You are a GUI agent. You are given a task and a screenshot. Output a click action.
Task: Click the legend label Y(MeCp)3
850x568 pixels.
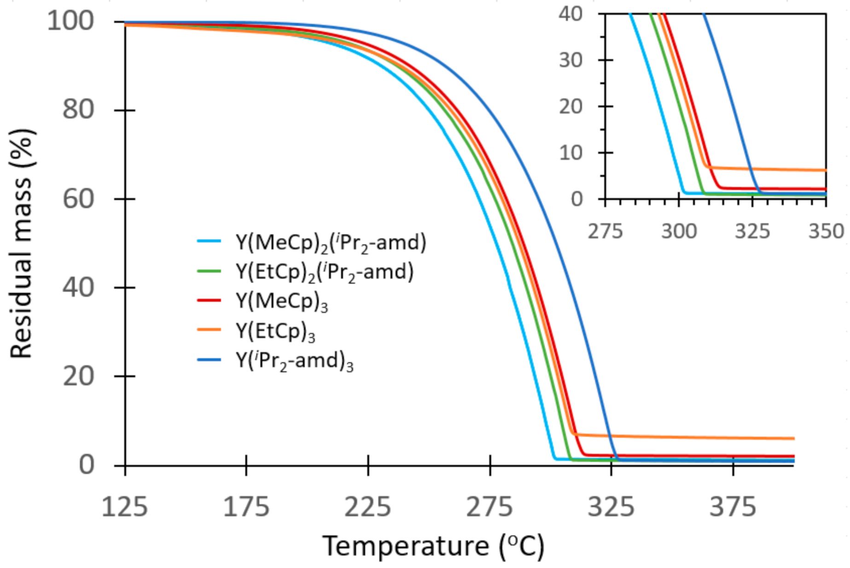click(x=282, y=301)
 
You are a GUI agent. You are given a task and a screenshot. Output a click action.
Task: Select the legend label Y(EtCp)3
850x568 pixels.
click(x=275, y=331)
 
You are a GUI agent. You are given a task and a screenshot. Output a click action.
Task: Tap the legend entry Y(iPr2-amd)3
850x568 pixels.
click(x=294, y=361)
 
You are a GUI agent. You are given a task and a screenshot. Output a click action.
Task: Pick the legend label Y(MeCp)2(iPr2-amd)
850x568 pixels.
click(x=331, y=242)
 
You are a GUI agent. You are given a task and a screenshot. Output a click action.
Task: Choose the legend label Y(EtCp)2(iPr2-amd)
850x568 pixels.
click(x=324, y=272)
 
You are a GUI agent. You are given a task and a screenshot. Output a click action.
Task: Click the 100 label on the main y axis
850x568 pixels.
click(x=70, y=21)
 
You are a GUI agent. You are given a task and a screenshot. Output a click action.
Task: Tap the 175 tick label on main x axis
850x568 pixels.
click(x=246, y=507)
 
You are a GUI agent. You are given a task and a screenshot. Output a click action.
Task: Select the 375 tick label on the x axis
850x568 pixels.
click(x=733, y=507)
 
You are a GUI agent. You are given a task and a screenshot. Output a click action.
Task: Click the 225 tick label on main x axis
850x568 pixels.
click(x=367, y=507)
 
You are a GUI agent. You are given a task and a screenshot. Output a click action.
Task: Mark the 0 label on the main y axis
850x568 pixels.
click(x=87, y=465)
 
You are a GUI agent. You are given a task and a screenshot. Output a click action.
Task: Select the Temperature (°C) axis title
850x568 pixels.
click(x=433, y=546)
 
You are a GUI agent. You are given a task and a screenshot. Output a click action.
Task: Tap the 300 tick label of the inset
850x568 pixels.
click(x=679, y=231)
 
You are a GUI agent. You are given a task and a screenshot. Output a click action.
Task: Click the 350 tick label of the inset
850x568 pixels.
click(x=826, y=231)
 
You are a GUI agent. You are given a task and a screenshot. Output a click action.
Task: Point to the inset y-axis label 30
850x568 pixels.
click(x=571, y=60)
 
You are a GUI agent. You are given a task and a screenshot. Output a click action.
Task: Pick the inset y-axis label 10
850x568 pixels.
click(x=571, y=153)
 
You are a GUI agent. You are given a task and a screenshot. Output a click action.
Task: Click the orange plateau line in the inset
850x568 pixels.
click(x=774, y=169)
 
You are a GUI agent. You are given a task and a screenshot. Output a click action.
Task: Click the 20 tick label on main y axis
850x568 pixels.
click(x=78, y=376)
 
